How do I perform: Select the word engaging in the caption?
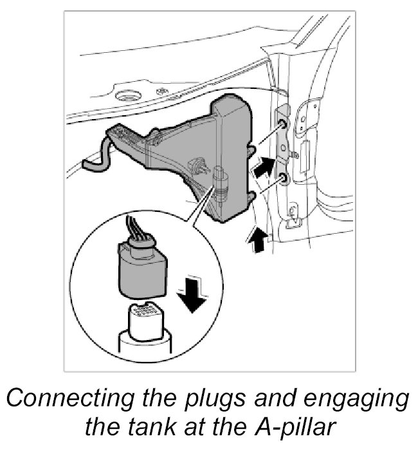click(x=356, y=400)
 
